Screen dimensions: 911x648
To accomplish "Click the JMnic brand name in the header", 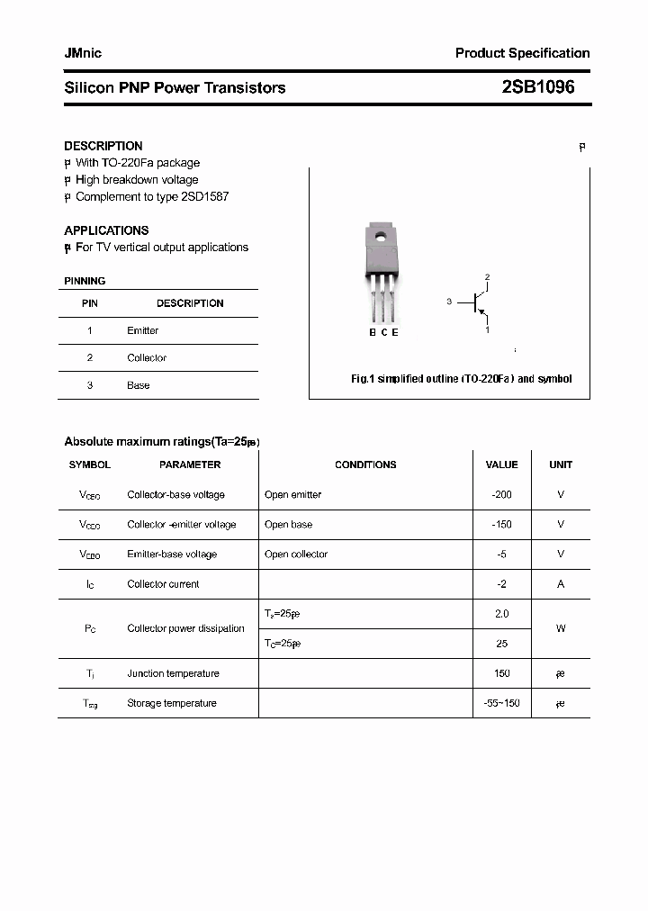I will pos(83,53).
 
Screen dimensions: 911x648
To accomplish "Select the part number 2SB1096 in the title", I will pos(537,87).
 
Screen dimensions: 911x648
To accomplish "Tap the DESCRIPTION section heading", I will pos(103,146).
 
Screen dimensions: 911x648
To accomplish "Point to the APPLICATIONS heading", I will pos(106,230).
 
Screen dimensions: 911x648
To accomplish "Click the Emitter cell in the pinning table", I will pos(143,331).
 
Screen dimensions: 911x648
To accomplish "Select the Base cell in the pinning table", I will pos(139,385).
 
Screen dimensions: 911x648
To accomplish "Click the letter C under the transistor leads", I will pos(383,332).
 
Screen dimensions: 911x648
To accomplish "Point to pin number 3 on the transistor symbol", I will pos(448,302).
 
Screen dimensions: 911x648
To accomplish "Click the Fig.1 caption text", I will pos(461,379).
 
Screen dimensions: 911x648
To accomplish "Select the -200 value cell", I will pos(501,495).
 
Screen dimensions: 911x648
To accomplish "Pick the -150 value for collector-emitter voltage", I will pos(501,525).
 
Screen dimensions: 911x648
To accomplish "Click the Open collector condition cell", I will pos(296,555).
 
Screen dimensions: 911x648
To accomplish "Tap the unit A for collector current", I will pos(561,584).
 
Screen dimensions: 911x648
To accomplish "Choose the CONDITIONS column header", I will pos(365,465).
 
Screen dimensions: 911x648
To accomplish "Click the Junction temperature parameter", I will pos(173,673).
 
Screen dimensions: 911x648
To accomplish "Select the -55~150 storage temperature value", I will pos(501,703).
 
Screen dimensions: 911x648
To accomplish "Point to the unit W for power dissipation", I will pos(561,628).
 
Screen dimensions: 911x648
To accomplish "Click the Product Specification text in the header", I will pos(522,53).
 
